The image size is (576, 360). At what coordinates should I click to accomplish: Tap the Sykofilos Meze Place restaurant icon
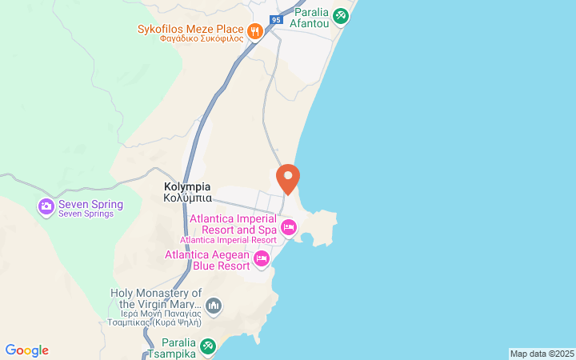click(255, 31)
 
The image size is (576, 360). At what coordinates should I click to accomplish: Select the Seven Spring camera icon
click(46, 206)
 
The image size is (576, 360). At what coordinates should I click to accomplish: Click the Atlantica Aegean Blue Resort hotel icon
click(262, 259)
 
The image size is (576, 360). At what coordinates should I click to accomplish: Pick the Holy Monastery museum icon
click(214, 306)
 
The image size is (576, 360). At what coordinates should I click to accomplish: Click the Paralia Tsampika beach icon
click(208, 346)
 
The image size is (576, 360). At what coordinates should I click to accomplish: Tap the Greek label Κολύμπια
click(187, 198)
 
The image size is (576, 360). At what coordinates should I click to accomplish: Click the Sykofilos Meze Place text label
click(190, 30)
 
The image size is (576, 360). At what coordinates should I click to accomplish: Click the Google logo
click(26, 350)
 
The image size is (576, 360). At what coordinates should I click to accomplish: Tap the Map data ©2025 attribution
click(542, 354)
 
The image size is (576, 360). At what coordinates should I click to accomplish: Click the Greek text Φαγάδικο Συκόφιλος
click(201, 39)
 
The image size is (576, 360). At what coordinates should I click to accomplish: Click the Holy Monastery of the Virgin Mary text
click(156, 298)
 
